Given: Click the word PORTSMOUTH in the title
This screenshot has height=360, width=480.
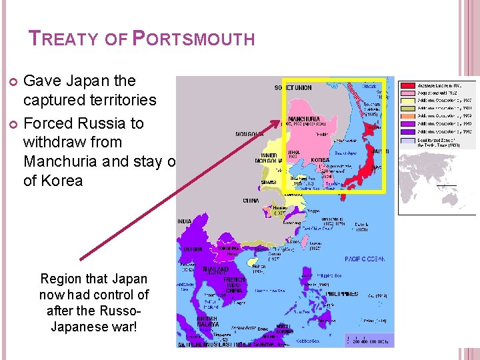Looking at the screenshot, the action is tap(194, 39).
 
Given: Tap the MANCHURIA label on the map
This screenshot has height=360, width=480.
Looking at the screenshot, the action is tap(303, 119).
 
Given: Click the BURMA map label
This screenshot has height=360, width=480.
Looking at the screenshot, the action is tap(194, 250).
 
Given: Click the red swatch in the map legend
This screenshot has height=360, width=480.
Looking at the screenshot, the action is tap(405, 86).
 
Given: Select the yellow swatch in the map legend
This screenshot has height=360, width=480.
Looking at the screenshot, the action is tap(405, 100).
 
